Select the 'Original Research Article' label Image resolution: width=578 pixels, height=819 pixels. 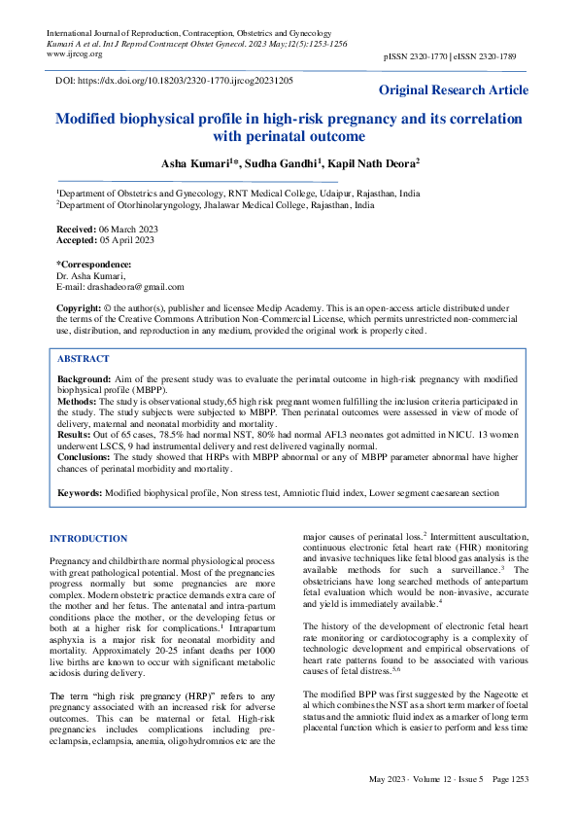[x=454, y=90]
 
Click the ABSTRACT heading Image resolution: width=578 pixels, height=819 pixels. [x=83, y=357]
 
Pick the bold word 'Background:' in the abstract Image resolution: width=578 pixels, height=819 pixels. [x=84, y=378]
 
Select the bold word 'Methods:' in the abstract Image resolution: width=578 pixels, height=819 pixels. [x=78, y=400]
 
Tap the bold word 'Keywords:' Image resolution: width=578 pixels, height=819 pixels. [x=80, y=493]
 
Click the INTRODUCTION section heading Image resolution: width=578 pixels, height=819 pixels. [x=88, y=539]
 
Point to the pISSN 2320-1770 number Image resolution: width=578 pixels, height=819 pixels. [x=418, y=58]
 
